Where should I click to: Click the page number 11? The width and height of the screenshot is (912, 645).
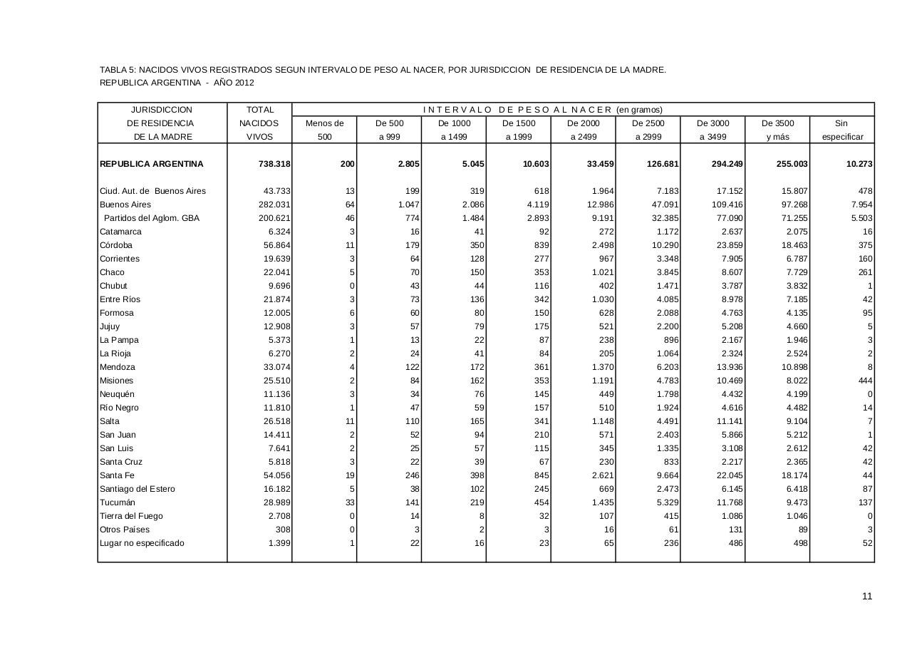(866, 597)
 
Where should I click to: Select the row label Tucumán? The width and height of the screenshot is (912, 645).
(118, 502)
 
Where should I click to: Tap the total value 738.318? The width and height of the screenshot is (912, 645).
(274, 164)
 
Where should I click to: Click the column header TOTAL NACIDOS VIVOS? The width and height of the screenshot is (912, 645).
(259, 123)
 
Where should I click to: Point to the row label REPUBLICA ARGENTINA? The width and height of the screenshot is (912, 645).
(152, 164)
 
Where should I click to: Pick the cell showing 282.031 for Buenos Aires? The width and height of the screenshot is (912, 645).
(274, 205)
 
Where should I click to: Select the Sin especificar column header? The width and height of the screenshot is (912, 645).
(841, 130)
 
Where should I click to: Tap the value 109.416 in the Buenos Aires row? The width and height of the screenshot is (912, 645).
(727, 205)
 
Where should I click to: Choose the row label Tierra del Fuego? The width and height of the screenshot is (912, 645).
(131, 516)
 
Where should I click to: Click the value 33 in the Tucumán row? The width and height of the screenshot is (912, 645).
(349, 502)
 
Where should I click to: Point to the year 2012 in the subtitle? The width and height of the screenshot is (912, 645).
(244, 83)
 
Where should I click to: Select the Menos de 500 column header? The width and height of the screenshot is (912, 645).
(324, 130)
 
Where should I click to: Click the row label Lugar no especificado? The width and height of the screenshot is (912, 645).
(142, 543)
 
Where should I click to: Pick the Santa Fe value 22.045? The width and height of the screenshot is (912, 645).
(729, 475)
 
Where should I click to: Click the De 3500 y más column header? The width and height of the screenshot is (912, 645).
(777, 130)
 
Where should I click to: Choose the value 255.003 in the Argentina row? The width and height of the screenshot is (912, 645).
(792, 164)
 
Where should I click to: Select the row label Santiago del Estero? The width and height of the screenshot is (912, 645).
(138, 489)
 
